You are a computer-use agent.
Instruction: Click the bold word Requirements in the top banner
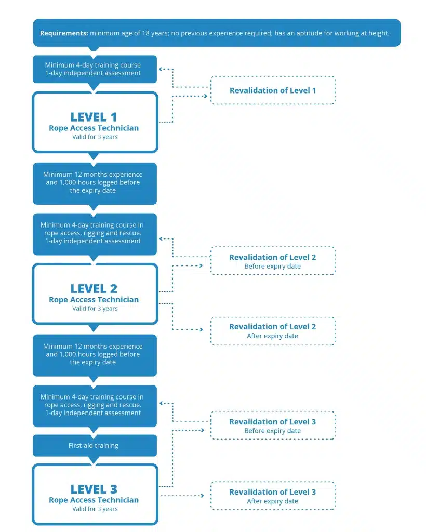(x=64, y=33)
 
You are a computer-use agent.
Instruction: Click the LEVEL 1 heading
(x=94, y=117)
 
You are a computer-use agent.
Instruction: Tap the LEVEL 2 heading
(x=94, y=289)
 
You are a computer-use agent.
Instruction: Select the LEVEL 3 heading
(x=94, y=489)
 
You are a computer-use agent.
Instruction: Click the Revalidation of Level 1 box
(x=273, y=90)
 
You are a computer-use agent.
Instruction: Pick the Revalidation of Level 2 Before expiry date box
(x=273, y=261)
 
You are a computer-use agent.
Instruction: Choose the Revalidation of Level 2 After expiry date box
(x=273, y=331)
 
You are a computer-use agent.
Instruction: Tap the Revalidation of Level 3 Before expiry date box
(x=273, y=425)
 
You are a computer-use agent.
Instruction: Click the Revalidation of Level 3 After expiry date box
(x=273, y=496)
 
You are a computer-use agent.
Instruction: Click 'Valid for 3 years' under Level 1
(x=95, y=137)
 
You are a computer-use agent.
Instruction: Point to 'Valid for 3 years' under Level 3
(x=95, y=509)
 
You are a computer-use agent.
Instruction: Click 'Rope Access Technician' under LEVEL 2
(x=94, y=300)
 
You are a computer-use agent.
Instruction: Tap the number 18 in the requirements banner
(x=145, y=33)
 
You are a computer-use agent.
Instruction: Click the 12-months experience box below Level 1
(x=95, y=183)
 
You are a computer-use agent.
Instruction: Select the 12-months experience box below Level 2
(x=95, y=355)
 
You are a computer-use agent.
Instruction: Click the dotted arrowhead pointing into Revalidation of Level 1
(x=205, y=96)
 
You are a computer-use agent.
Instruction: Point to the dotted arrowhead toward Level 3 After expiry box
(x=202, y=496)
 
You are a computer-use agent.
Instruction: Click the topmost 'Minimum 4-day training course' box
(x=95, y=69)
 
